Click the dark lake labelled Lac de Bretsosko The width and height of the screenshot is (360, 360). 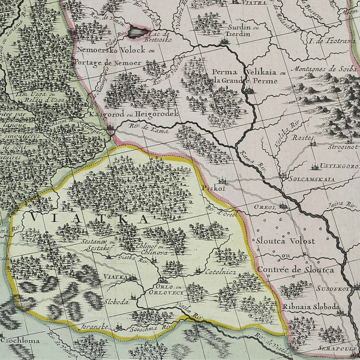point(139,31)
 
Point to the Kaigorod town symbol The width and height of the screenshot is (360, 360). point(112,127)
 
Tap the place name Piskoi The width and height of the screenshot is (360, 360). point(214,187)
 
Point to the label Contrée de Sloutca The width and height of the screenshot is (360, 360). point(295,270)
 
